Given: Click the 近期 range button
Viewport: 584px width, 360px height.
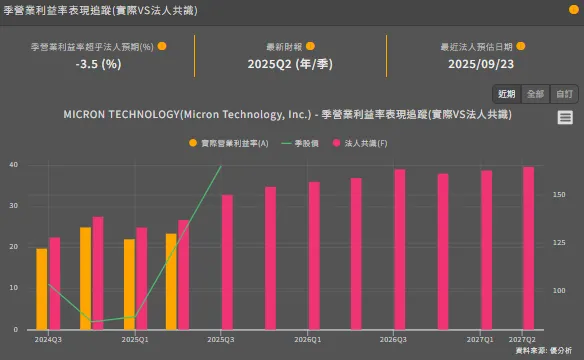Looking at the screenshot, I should [507, 94].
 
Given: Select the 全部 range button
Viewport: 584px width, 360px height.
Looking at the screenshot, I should [535, 94].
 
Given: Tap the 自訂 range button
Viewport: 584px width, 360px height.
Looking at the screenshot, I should [563, 94].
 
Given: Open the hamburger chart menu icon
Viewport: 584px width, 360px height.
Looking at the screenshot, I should [565, 118].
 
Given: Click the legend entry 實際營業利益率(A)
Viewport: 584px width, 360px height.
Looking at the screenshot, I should [229, 144].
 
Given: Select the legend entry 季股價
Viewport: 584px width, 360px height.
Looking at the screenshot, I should [300, 144].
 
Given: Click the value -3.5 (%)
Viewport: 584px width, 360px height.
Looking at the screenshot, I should [98, 64].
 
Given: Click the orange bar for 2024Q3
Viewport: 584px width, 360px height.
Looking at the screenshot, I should [41, 288].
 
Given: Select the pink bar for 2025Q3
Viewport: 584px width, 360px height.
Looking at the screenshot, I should [227, 261].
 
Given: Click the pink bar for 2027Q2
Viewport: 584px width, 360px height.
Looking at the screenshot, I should [529, 247].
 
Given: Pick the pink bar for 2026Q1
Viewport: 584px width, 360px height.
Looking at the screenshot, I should [314, 255].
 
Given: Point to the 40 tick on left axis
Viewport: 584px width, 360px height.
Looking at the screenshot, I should [14, 164].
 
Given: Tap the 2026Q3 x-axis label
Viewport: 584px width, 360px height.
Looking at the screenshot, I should [393, 340].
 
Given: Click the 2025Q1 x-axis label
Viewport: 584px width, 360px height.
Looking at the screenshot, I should [135, 340].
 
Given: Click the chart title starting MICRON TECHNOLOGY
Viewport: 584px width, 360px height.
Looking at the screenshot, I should [286, 116].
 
